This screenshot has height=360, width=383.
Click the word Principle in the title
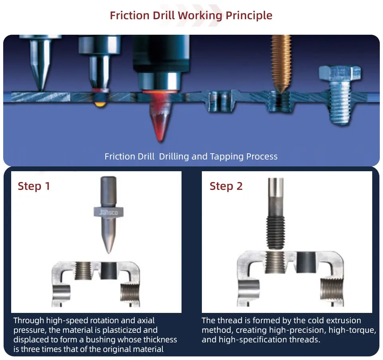coord(249,16)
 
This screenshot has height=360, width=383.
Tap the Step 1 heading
coord(34,186)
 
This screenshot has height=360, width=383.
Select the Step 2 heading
coord(226,186)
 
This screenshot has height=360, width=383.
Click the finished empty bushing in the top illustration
coord(220,99)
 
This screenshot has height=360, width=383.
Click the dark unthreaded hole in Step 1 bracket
coord(108,271)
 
